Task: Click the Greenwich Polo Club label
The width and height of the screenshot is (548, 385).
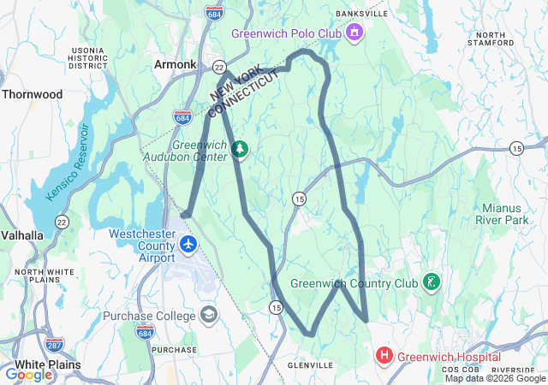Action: [x=286, y=33]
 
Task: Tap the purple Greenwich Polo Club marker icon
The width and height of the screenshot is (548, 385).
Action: [x=354, y=33]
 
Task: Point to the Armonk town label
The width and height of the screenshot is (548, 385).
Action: [x=175, y=64]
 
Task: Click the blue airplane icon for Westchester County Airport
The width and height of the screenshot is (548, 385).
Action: [x=189, y=245]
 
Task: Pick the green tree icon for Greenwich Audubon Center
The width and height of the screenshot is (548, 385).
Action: [x=241, y=151]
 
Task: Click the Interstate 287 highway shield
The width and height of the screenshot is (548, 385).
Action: [x=53, y=346]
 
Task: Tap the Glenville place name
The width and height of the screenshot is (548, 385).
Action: [x=309, y=364]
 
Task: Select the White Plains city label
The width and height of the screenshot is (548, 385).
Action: [x=40, y=364]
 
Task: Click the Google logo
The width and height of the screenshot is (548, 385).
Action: [x=28, y=374]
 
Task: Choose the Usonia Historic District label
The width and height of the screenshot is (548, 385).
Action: [x=88, y=57]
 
